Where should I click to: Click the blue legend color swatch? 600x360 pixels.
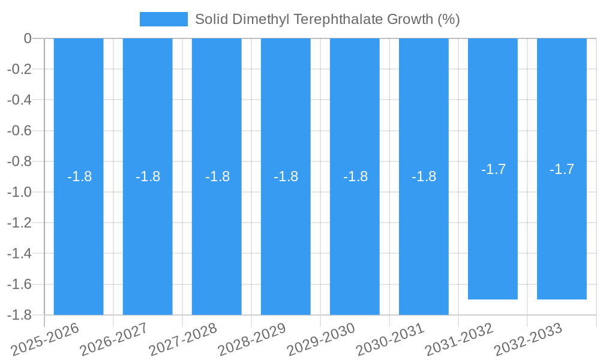pyautogui.click(x=163, y=19)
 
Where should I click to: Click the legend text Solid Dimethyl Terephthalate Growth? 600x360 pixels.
pyautogui.click(x=327, y=19)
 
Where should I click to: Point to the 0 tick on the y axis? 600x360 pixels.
pyautogui.click(x=28, y=38)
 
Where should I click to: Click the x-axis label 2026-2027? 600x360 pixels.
pyautogui.click(x=115, y=340)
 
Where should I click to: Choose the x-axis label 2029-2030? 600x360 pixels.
pyautogui.click(x=322, y=340)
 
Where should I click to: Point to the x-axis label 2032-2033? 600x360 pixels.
pyautogui.click(x=529, y=340)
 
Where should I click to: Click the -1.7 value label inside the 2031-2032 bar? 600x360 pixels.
pyautogui.click(x=493, y=169)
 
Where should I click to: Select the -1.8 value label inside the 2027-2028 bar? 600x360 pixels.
pyautogui.click(x=217, y=176)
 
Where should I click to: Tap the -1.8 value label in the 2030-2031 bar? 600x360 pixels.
pyautogui.click(x=424, y=176)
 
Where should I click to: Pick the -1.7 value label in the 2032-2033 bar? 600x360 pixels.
pyautogui.click(x=562, y=169)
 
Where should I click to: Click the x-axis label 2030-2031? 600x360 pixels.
pyautogui.click(x=391, y=340)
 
